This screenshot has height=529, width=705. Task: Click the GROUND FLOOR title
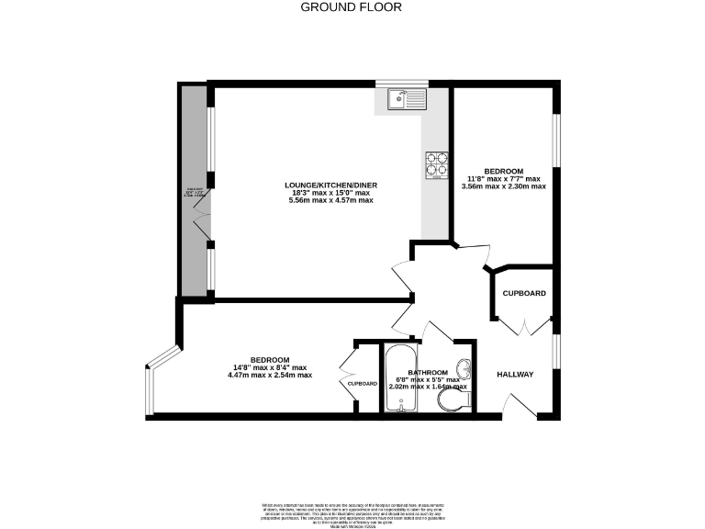click(x=352, y=7)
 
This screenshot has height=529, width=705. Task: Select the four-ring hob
click(x=435, y=163)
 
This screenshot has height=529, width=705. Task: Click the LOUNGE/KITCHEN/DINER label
click(x=330, y=185)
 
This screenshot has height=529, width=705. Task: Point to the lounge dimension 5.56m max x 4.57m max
click(x=331, y=200)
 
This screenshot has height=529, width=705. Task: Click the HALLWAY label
click(x=515, y=375)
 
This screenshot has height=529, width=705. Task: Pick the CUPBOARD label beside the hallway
click(x=524, y=293)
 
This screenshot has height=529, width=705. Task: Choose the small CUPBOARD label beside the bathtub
click(x=363, y=383)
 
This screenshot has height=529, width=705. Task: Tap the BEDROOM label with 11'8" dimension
click(x=504, y=171)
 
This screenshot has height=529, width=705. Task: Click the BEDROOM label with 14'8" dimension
click(x=270, y=360)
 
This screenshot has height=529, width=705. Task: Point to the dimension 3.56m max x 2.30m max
click(x=504, y=186)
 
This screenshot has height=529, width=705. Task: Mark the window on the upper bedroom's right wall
click(x=555, y=144)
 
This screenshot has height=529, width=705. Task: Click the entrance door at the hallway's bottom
click(x=521, y=407)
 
